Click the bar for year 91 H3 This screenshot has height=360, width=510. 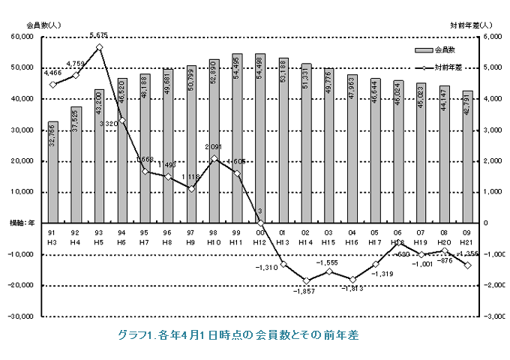coord(53,172)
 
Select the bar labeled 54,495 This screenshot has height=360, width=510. coord(237,138)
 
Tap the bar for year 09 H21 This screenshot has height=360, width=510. coord(467,157)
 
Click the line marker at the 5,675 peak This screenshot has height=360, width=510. coord(99,47)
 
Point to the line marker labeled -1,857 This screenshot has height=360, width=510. coord(306,280)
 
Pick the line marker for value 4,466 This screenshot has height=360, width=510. coord(53,85)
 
